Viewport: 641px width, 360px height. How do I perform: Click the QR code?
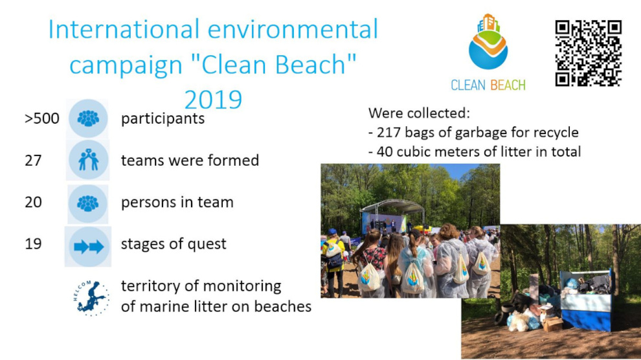click(589, 53)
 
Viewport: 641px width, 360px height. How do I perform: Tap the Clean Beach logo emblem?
click(488, 41)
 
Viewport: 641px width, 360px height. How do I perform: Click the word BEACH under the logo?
click(508, 85)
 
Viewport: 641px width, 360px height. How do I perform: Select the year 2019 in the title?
click(213, 100)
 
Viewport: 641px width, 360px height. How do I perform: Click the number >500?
click(41, 118)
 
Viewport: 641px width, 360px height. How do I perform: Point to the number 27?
click(33, 161)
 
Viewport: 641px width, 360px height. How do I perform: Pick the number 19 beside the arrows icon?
click(33, 244)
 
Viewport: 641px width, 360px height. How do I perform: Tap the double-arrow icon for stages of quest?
click(88, 247)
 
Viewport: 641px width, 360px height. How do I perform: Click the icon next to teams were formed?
click(88, 160)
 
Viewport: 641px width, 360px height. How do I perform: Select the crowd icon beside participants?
click(88, 118)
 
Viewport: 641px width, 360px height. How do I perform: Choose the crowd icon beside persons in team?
click(88, 203)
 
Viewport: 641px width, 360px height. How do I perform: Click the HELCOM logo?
click(91, 298)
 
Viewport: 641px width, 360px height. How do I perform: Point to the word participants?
click(163, 119)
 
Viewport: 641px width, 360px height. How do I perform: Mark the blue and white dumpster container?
click(586, 300)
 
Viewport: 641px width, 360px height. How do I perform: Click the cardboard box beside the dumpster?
click(552, 323)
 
